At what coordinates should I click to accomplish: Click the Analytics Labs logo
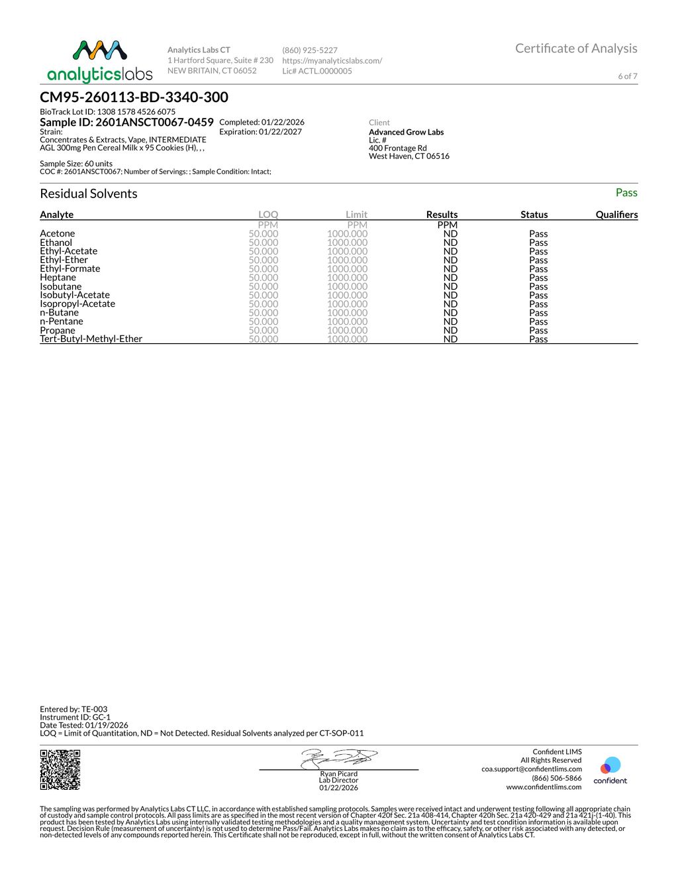pos(100,61)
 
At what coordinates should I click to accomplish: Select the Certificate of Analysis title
pos(576,48)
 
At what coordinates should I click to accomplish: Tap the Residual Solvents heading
pos(89,193)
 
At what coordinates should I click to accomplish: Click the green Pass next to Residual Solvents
pos(626,193)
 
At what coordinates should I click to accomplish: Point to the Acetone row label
pos(58,233)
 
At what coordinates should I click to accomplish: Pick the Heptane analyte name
pos(58,278)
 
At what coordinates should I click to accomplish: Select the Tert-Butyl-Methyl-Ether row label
pos(91,339)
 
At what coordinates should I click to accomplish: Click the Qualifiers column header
pos(616,215)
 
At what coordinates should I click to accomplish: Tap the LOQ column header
pos(268,215)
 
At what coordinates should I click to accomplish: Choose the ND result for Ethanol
pos(450,243)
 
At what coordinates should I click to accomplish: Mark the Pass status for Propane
pos(538,330)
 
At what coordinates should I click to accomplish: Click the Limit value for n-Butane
pos(347,313)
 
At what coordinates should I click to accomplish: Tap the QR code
pos(60,769)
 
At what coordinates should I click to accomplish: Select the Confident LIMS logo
pos(610,770)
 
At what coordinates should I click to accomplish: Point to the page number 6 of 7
pos(628,76)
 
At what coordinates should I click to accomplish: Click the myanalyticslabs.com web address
pos(332,60)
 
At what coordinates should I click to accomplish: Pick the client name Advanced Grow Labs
pos(406,132)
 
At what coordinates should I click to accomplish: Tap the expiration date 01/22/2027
pos(280,132)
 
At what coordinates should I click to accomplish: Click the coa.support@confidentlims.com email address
pos(532,769)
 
